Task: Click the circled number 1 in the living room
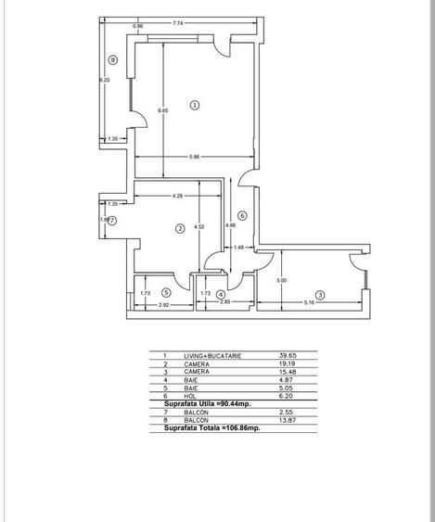[195, 105]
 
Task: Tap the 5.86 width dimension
[194, 157]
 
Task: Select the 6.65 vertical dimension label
[162, 111]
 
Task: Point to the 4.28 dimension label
[176, 196]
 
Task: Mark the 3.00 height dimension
[281, 281]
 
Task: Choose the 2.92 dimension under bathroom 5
[163, 303]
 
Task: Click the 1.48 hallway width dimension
[238, 247]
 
